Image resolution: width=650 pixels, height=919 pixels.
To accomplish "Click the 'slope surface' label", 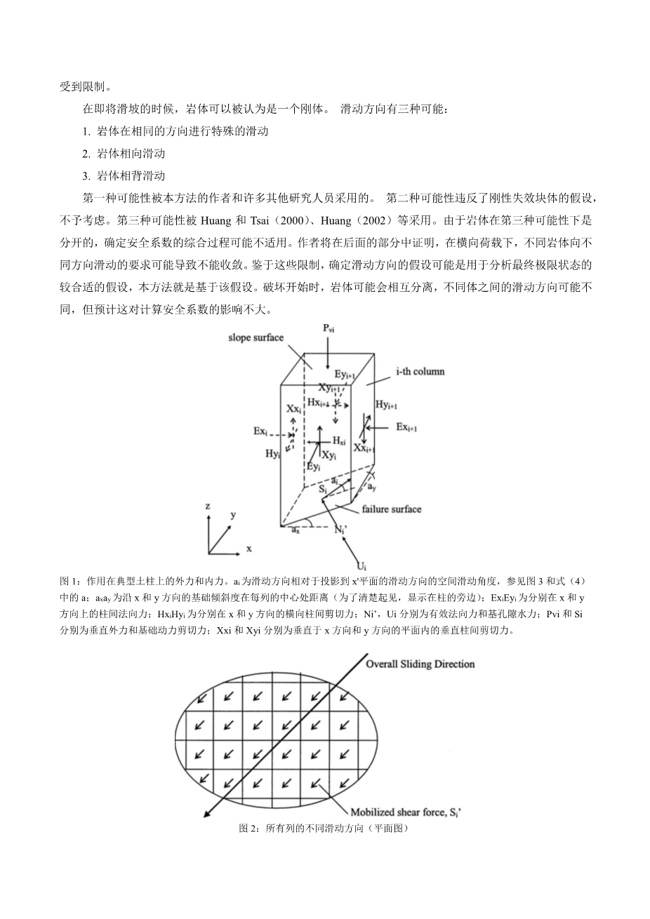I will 256,337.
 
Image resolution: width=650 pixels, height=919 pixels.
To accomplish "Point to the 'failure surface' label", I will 392,509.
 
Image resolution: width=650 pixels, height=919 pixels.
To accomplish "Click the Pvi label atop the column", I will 329,328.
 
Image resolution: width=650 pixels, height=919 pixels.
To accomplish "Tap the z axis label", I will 208,507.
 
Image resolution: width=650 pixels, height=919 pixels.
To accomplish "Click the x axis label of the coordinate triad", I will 248,547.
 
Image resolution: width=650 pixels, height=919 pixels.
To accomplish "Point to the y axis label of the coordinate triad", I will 233,514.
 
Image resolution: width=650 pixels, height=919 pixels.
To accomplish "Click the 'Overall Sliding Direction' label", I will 420,664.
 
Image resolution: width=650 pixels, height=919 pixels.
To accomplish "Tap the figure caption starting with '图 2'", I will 324,829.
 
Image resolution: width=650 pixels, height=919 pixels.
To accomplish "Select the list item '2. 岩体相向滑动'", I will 124,153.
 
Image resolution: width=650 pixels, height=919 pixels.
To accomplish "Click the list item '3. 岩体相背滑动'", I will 124,175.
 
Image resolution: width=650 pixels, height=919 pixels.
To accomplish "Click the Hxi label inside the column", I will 339,441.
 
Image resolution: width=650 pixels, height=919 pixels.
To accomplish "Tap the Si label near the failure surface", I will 323,489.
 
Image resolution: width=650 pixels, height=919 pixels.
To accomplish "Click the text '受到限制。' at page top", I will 85,87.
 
